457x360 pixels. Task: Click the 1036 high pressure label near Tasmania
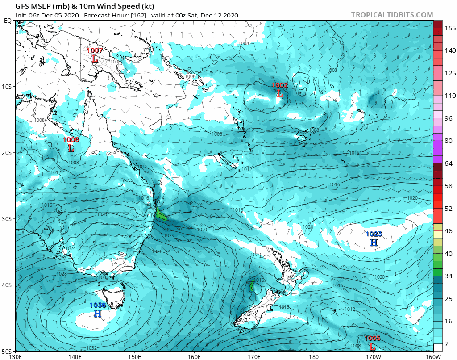[98, 306]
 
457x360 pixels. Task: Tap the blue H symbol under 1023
[374, 243]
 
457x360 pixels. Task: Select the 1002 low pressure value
[280, 85]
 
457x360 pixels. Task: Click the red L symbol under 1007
[95, 59]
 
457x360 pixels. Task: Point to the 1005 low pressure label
[372, 338]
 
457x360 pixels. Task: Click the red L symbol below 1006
[71, 148]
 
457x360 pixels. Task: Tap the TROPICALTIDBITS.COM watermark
[392, 15]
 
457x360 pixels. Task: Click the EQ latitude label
[8, 21]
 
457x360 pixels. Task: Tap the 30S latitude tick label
[8, 219]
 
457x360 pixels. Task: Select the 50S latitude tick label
[8, 351]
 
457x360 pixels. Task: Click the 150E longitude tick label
[134, 356]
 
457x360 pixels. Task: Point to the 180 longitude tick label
[314, 356]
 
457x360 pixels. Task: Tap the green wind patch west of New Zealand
[253, 285]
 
